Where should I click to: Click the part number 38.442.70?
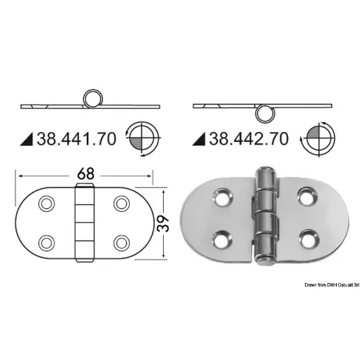[248, 138]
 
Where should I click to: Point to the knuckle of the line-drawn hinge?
[85, 222]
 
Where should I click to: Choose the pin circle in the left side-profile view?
[92, 99]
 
